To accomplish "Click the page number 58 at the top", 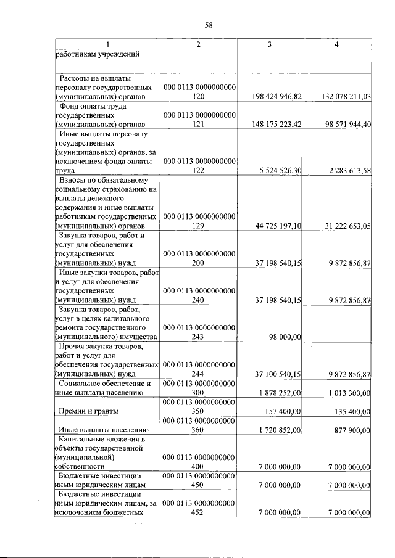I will pyautogui.click(x=208, y=25).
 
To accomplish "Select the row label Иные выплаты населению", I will pyautogui.click(x=102, y=430).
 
